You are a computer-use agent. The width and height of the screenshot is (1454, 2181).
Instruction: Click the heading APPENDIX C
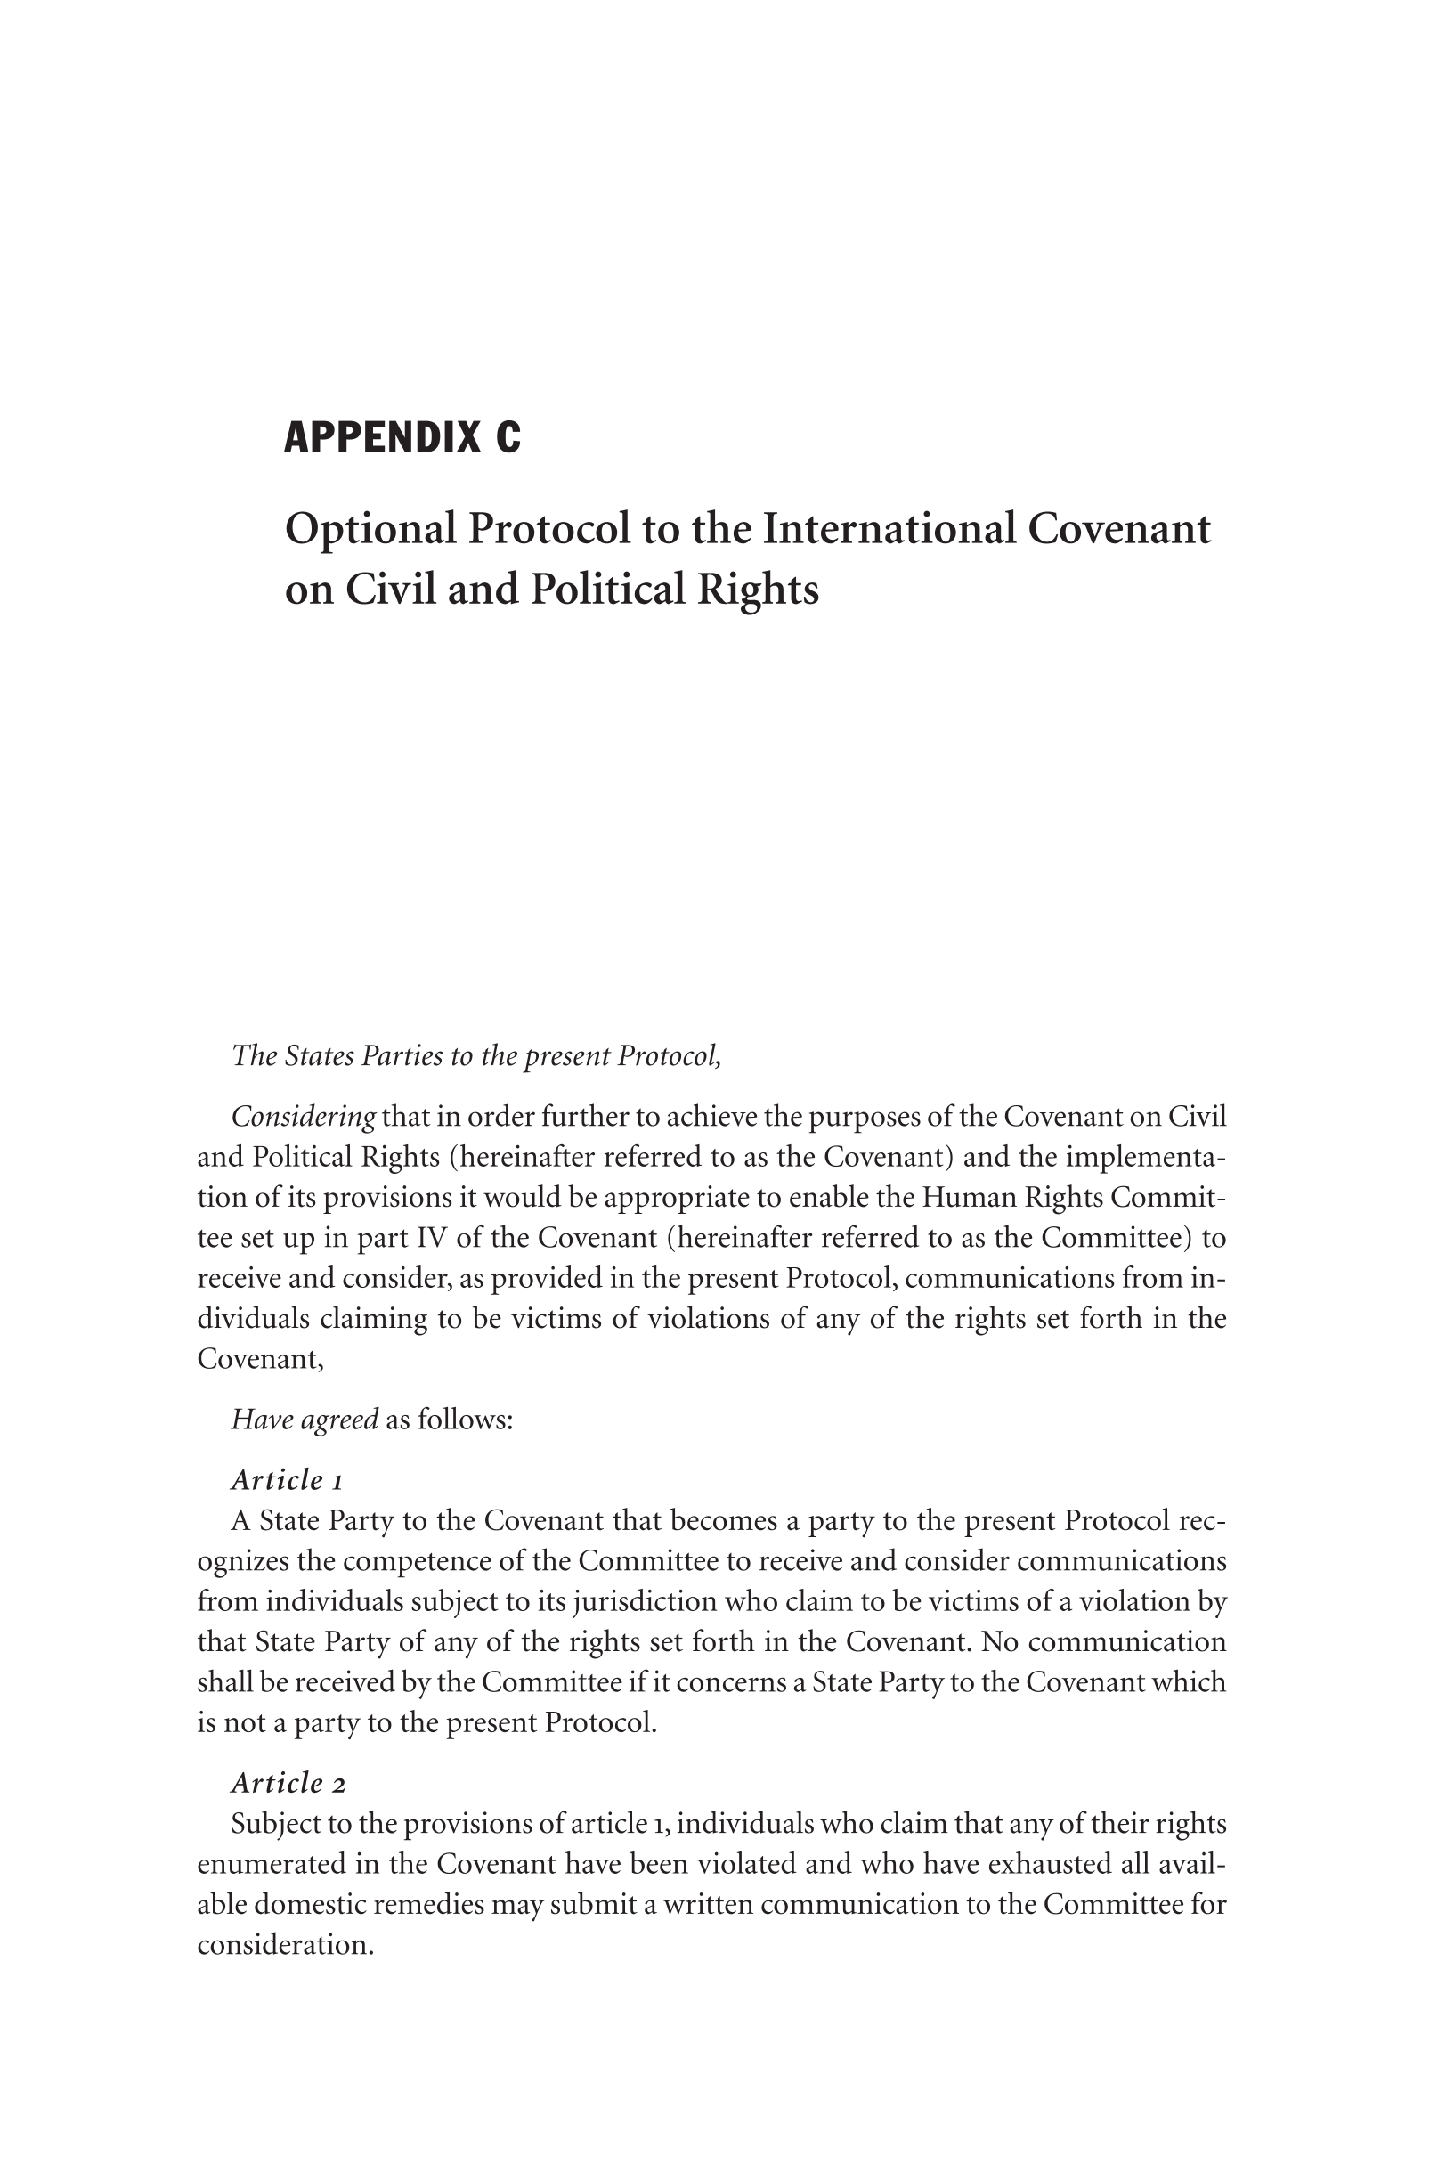pos(402,436)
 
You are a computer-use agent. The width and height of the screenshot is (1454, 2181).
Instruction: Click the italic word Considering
pos(304,1117)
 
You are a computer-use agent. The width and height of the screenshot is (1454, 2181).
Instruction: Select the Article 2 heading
pos(288,1782)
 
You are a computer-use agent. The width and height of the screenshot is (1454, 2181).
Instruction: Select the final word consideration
pos(284,1943)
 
